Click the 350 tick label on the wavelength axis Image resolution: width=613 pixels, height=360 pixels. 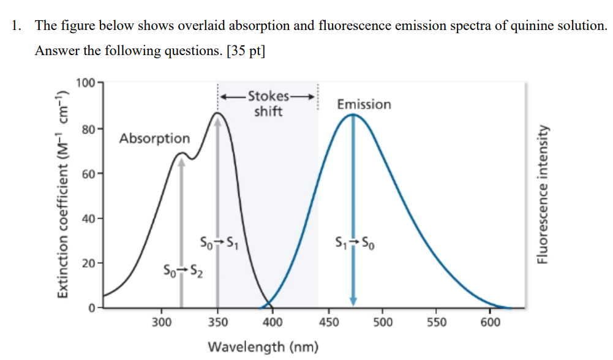point(217,323)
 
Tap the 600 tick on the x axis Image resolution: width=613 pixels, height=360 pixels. point(491,323)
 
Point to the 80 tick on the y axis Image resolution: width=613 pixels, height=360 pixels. point(88,129)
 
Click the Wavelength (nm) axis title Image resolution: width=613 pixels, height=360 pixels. point(263,347)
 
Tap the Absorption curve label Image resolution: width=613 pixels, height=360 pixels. point(154,138)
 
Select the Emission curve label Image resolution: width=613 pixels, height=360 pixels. point(364,104)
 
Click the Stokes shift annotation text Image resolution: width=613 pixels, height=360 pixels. point(268,104)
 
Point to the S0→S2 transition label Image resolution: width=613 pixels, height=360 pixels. point(181,269)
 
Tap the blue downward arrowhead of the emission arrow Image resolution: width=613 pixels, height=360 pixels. point(353,301)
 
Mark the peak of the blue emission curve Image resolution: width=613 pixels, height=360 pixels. point(353,114)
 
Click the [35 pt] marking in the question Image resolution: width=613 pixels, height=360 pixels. point(246,51)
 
